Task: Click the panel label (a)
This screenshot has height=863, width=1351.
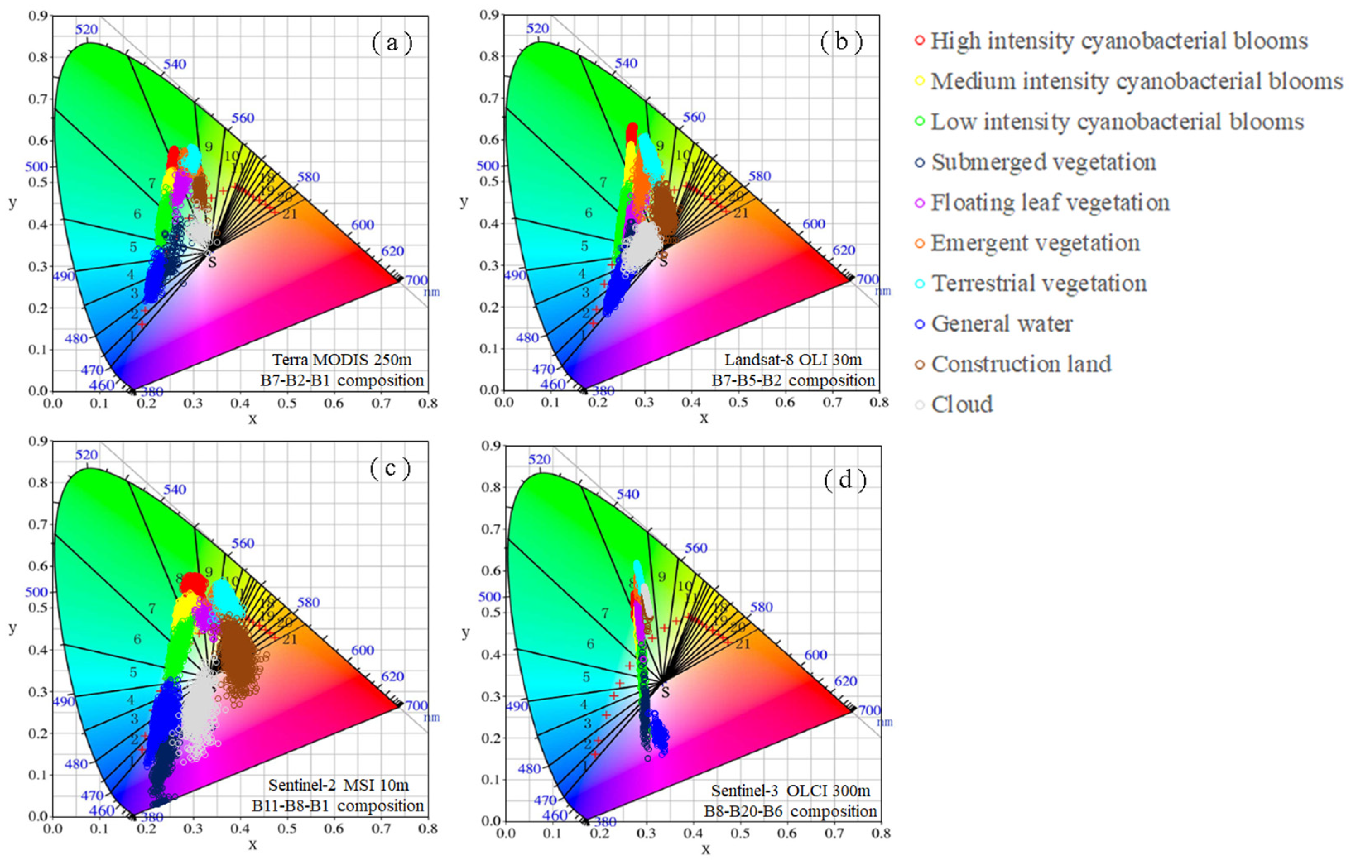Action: point(392,43)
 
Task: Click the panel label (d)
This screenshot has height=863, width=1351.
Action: point(845,480)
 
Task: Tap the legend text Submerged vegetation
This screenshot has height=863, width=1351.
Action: point(1043,162)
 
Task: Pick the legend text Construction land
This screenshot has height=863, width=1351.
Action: point(1021,364)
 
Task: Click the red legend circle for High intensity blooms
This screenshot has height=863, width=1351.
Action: point(919,41)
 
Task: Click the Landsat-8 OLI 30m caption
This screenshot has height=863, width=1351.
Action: point(793,359)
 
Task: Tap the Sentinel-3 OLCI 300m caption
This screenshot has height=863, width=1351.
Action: point(791,791)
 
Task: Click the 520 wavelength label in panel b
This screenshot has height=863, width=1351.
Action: point(538,29)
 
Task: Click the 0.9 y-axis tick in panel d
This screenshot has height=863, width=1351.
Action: point(490,446)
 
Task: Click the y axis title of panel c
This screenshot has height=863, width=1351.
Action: point(12,627)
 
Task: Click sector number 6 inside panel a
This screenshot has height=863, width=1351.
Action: point(137,214)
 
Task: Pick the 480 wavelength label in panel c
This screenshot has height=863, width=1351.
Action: point(76,764)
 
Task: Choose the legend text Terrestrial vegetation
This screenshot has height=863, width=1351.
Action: point(1039,284)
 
